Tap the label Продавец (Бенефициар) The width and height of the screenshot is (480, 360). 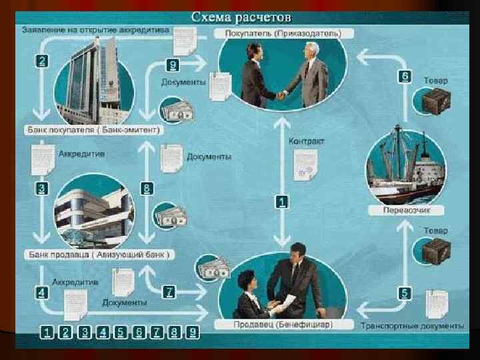pos(283,325)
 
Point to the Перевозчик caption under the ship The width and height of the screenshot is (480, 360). pos(405,210)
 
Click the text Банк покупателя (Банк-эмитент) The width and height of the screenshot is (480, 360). pos(93,129)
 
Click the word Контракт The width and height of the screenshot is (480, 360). pos(307,141)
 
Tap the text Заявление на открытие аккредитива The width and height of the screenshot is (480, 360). pos(96,30)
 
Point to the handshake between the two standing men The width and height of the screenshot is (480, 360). pos(280,95)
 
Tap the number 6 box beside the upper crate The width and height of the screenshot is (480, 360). pos(405,76)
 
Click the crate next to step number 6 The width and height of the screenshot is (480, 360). pos(437,101)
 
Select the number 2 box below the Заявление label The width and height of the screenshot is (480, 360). pos(41,60)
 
